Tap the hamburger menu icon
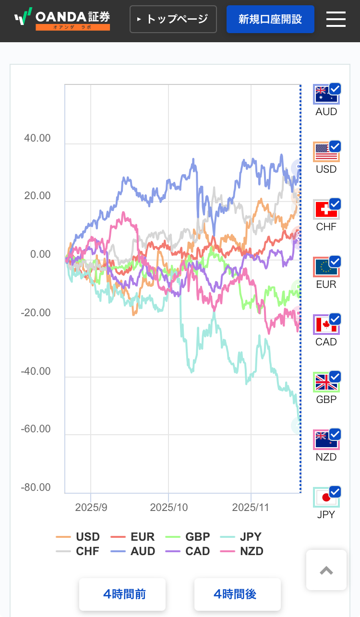pyautogui.click(x=336, y=19)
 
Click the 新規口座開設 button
pyautogui.click(x=270, y=19)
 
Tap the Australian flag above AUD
pyautogui.click(x=325, y=95)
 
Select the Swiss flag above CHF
pyautogui.click(x=325, y=210)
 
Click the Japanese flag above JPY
pyautogui.click(x=325, y=498)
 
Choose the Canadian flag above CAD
pyautogui.click(x=325, y=325)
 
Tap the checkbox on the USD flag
pyautogui.click(x=335, y=146)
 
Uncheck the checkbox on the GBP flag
pyautogui.click(x=335, y=377)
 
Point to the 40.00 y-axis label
pyautogui.click(x=37, y=138)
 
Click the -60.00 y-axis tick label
pyautogui.click(x=36, y=428)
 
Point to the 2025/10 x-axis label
pyautogui.click(x=168, y=508)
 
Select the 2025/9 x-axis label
pyautogui.click(x=91, y=508)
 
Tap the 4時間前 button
pyautogui.click(x=122, y=594)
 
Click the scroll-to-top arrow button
pyautogui.click(x=326, y=570)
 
